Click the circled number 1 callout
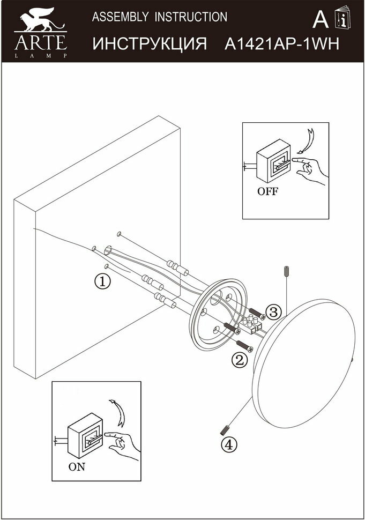[x=102, y=280]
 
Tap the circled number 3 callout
[x=273, y=311]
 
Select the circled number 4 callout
[x=228, y=444]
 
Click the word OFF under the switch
[x=267, y=191]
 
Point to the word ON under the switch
[x=77, y=466]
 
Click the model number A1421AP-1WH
[x=281, y=44]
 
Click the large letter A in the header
[x=320, y=20]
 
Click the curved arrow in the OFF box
[x=307, y=140]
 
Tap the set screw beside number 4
[x=225, y=429]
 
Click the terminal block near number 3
[x=252, y=323]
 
